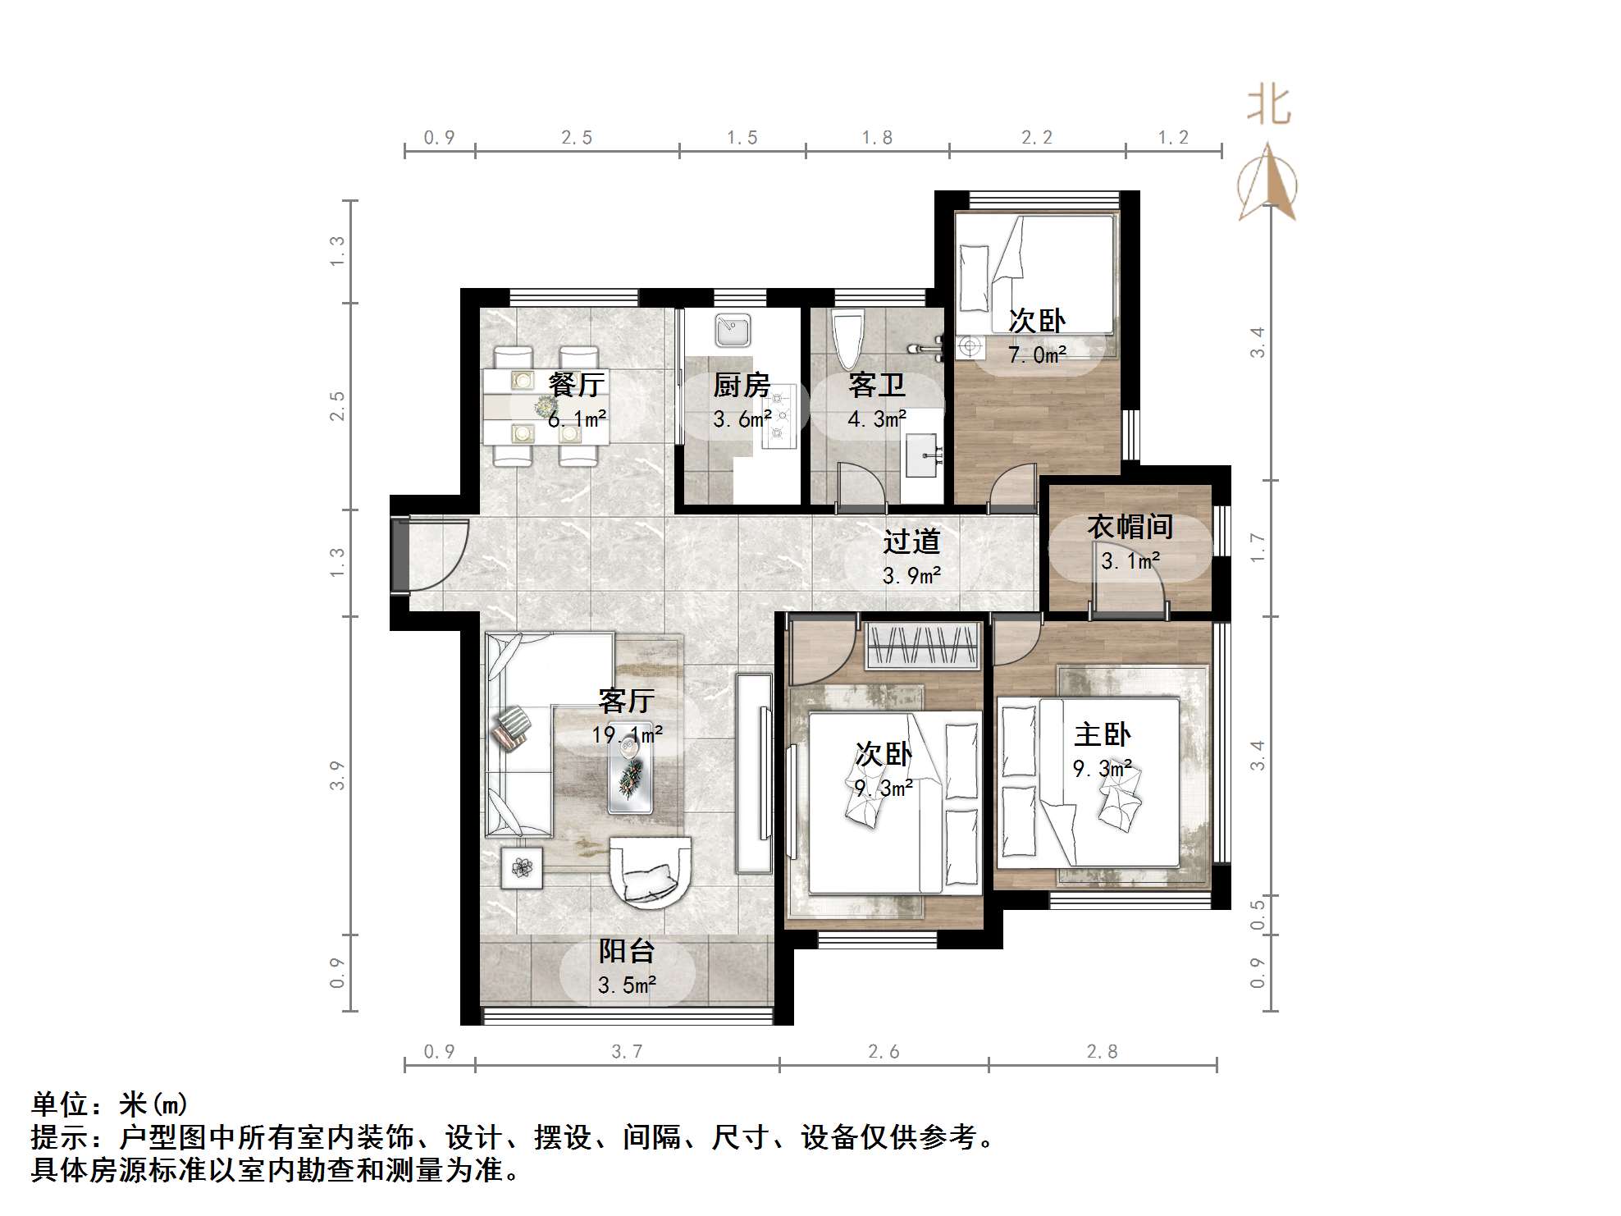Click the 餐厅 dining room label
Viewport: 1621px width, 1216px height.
click(x=577, y=384)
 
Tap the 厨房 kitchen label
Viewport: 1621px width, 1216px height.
click(x=742, y=385)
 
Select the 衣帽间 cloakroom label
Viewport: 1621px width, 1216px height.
click(x=1130, y=527)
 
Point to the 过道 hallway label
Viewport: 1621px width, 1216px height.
click(x=911, y=542)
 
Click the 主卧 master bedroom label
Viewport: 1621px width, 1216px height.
click(x=1102, y=734)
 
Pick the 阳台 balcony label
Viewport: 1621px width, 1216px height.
click(x=627, y=951)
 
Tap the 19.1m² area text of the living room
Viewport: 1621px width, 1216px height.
click(x=628, y=734)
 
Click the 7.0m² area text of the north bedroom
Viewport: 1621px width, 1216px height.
click(x=1037, y=355)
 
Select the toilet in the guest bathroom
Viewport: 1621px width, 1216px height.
click(x=848, y=338)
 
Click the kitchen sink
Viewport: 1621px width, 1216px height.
click(x=733, y=331)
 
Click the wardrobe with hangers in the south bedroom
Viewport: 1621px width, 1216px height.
click(x=924, y=646)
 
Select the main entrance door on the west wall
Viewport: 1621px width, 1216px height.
click(x=400, y=555)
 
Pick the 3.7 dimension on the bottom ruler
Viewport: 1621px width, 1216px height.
click(x=627, y=1052)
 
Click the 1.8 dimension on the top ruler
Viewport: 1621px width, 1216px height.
click(x=876, y=138)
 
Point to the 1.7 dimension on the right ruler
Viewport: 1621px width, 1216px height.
click(x=1258, y=547)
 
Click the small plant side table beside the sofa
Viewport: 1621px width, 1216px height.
click(x=522, y=867)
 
